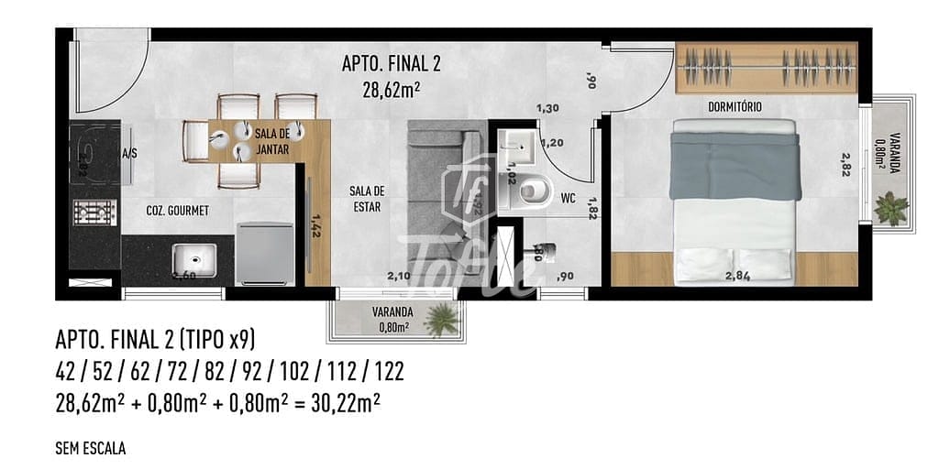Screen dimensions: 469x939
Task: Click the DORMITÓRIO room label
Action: coord(735,107)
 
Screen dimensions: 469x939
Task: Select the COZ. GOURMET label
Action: coord(178,211)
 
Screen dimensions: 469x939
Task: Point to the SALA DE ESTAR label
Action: coord(366,199)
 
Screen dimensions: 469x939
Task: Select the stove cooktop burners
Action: coord(93,213)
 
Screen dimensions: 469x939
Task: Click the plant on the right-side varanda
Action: coord(890,207)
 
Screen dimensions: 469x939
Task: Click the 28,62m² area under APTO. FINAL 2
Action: coord(392,89)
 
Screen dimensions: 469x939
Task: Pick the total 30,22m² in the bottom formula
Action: coord(339,401)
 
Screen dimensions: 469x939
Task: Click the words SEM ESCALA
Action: coord(90,449)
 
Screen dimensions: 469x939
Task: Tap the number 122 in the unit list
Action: coord(386,372)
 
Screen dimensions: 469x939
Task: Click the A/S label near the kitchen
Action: coord(130,154)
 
